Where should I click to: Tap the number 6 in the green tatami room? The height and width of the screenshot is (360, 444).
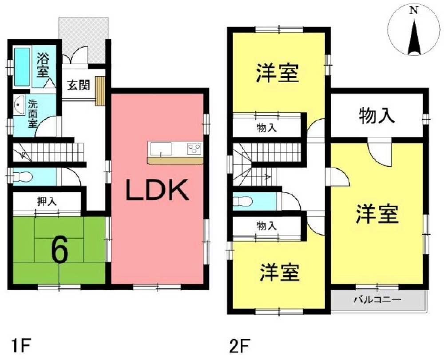coord(59,252)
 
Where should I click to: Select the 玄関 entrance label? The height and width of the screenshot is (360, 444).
coord(78,85)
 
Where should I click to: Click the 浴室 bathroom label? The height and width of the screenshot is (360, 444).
coord(44,65)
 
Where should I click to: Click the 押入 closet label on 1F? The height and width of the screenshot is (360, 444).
coord(46,202)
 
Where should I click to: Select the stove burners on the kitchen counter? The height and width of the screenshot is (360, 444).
coord(194,148)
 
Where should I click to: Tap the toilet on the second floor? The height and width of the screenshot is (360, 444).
coord(243,201)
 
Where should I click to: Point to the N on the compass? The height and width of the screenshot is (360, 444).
coord(413,12)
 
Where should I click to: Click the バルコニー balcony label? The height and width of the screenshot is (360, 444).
coord(377,299)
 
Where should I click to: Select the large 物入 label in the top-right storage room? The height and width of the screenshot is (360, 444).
coord(377,116)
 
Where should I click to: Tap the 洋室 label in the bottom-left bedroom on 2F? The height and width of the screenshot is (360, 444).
coord(279,273)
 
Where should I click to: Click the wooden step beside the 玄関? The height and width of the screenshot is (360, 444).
coord(100,91)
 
